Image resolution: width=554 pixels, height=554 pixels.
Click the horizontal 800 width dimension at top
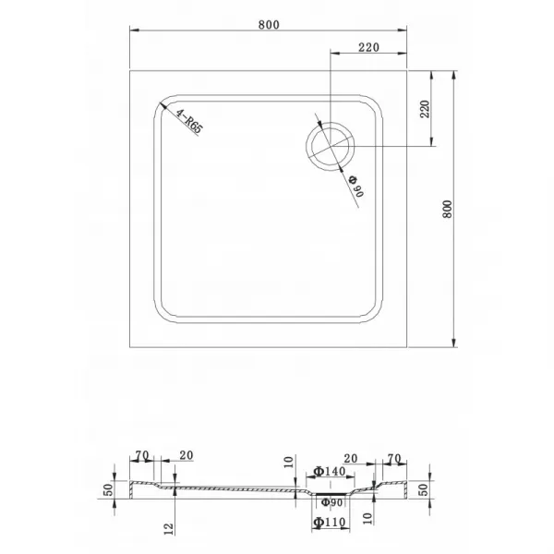pos(269,25)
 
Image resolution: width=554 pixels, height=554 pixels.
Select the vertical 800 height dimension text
pos(447,210)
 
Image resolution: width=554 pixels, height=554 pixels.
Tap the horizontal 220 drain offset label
pos(368,47)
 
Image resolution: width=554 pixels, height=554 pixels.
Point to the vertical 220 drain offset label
pos(425,109)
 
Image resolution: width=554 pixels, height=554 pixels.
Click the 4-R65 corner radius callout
pos(189,122)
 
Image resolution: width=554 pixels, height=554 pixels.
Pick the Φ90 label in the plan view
pos(356,186)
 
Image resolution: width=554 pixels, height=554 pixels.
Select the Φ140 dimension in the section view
pos(330,471)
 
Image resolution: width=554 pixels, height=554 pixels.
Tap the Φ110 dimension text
pos(330,522)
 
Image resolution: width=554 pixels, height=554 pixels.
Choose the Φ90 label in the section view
pos(332,502)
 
